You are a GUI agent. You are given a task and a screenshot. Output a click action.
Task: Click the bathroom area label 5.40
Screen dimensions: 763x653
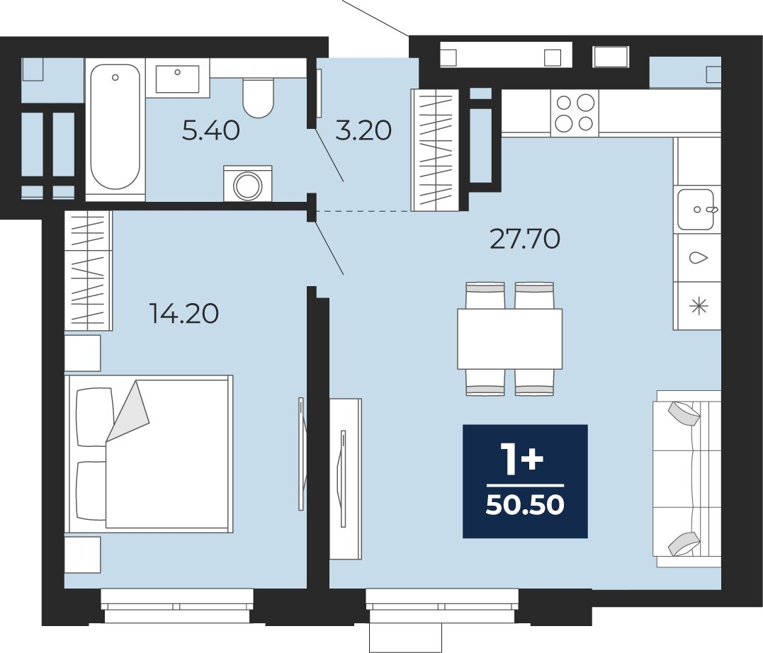(210, 130)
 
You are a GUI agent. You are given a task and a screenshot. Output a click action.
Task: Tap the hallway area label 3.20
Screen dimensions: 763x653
(363, 130)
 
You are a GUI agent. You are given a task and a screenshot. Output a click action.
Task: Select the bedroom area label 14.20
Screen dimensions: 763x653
(184, 313)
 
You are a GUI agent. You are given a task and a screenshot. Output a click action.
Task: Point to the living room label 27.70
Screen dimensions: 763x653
(524, 239)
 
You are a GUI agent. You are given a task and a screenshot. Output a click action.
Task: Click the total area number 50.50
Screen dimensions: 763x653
(525, 506)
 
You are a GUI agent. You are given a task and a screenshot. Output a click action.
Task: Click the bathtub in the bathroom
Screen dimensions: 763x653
(115, 127)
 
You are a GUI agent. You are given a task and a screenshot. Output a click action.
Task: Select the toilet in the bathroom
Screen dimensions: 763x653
(258, 97)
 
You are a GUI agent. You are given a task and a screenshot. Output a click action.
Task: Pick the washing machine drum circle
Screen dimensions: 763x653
(248, 186)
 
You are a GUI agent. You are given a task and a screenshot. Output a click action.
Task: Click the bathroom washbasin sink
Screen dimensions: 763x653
(178, 79)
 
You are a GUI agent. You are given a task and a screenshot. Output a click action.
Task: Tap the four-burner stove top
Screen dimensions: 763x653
(575, 113)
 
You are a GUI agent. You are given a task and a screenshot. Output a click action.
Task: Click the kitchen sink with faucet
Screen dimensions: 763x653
(696, 210)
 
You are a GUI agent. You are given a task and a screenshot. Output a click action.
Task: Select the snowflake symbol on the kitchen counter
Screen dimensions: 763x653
(699, 305)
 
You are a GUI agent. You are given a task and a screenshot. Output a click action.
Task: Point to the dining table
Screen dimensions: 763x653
(509, 339)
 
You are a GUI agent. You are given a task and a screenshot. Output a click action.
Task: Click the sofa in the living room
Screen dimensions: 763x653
(688, 479)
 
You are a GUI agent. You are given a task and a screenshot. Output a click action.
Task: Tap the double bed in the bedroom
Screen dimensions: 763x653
(149, 453)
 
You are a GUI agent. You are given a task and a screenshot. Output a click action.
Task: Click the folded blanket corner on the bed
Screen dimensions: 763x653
(128, 411)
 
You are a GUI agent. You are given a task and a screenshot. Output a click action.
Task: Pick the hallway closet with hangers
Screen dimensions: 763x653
(435, 150)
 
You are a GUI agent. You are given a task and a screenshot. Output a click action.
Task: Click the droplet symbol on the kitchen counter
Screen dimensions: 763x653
(699, 257)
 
